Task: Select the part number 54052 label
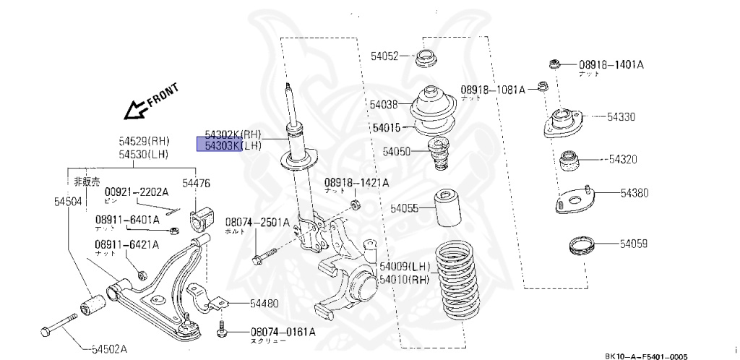point(384,56)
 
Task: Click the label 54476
point(196,184)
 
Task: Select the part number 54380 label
point(634,193)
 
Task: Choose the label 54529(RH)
point(143,142)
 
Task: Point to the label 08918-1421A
point(356,183)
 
